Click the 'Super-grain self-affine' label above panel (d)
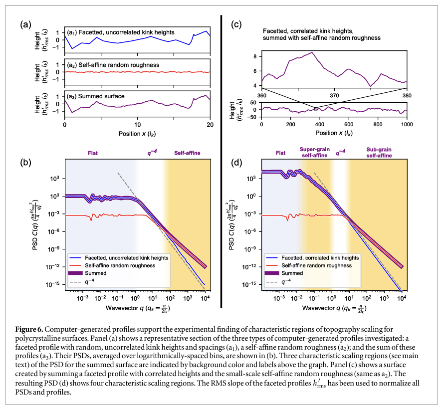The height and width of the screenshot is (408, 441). tap(313, 152)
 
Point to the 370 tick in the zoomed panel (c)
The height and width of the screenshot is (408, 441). tap(334, 95)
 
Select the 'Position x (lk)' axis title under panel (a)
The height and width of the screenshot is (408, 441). tap(137, 134)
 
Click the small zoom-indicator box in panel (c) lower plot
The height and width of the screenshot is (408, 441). tap(315, 108)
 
